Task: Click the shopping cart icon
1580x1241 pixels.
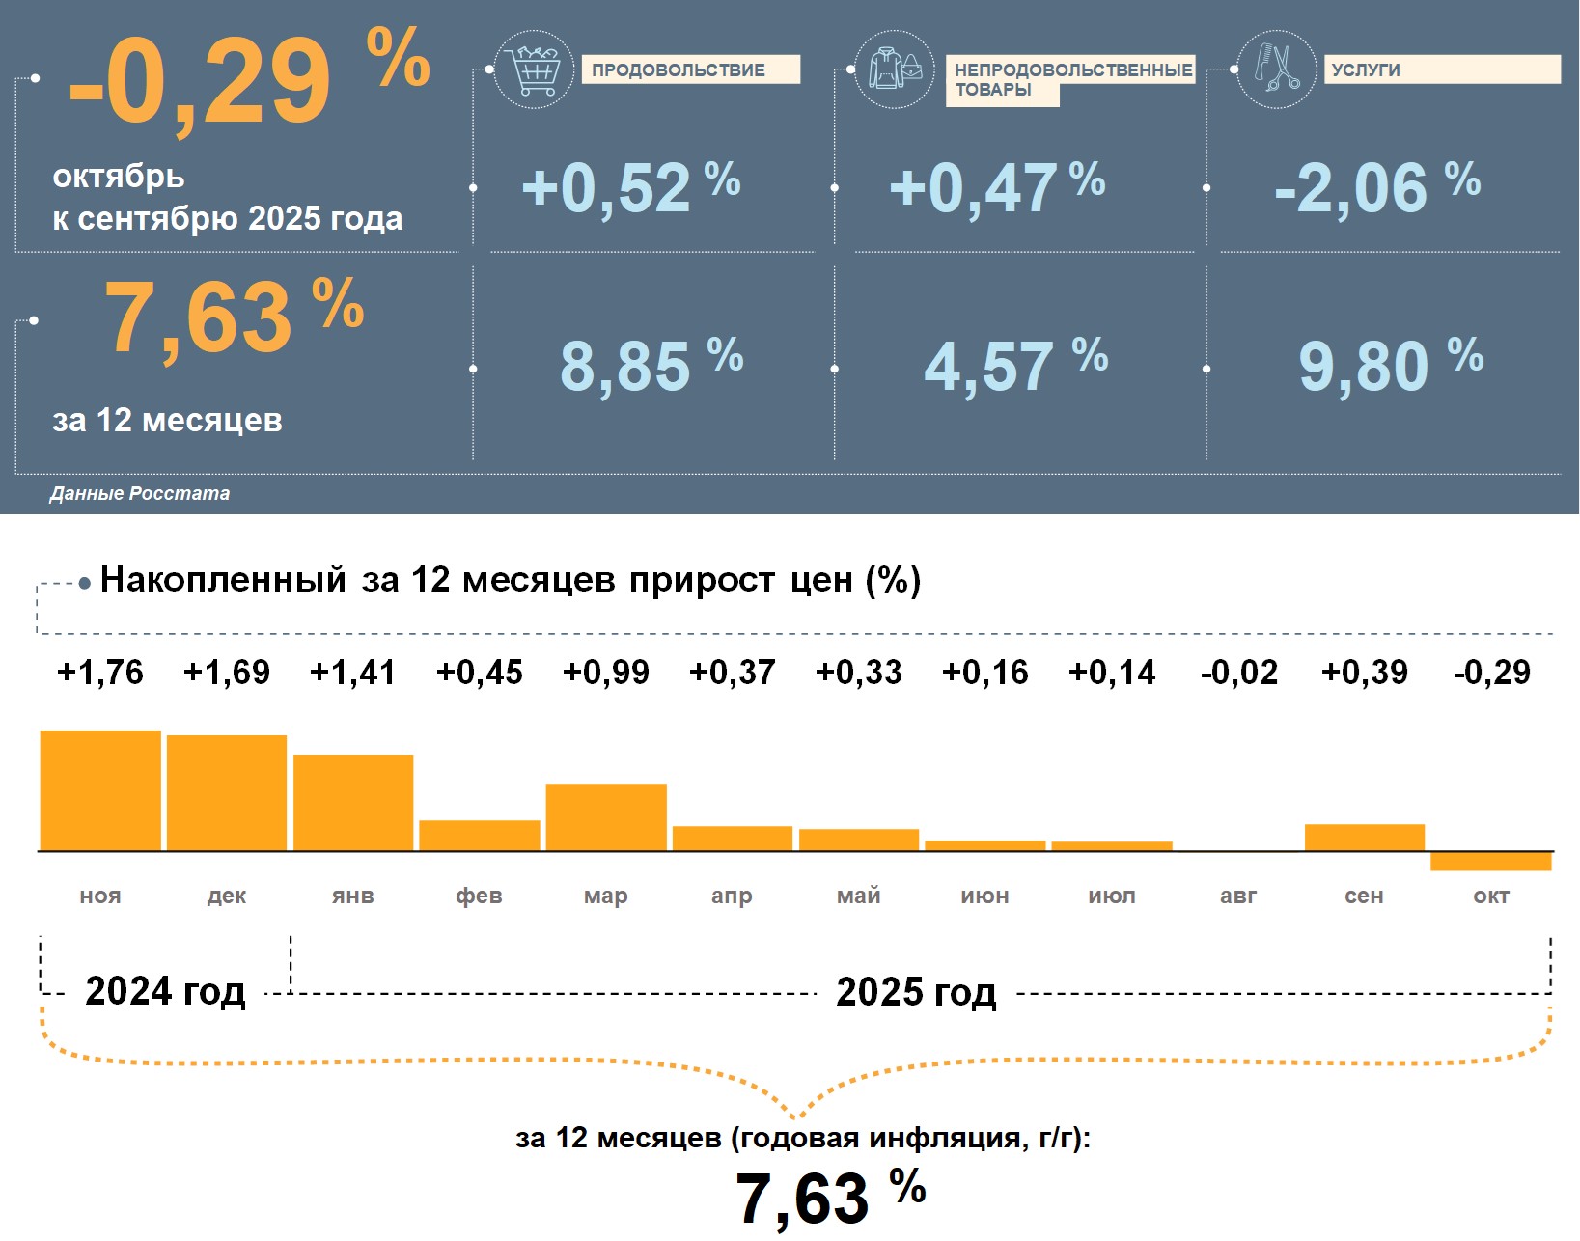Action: (x=534, y=69)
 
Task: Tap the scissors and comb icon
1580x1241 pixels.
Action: (x=1276, y=69)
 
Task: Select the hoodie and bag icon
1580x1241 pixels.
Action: (x=895, y=69)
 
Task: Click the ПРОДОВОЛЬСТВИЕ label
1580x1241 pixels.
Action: (x=689, y=69)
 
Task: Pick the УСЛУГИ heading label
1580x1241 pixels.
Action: (x=1441, y=69)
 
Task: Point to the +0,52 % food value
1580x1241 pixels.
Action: (x=630, y=186)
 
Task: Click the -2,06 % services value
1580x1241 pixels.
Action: (x=1376, y=186)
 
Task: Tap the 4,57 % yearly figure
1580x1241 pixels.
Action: (x=1015, y=365)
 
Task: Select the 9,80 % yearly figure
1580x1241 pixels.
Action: (x=1390, y=365)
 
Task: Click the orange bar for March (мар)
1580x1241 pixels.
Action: (x=606, y=817)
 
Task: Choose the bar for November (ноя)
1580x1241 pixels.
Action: (x=100, y=790)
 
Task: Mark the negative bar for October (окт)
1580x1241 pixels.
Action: (x=1491, y=861)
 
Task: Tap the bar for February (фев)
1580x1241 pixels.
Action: (x=480, y=836)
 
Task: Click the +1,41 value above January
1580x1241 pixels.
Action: (x=352, y=673)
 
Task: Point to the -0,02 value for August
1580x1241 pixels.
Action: (x=1238, y=673)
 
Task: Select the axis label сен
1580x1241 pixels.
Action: (x=1364, y=896)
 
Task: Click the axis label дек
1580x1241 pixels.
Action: (x=227, y=896)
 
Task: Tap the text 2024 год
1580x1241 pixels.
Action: (x=165, y=991)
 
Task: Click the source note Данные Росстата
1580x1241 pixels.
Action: (x=140, y=493)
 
